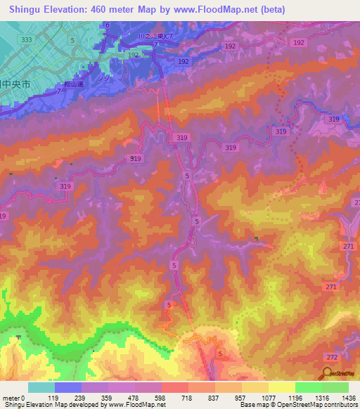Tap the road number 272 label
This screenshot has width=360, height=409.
331,358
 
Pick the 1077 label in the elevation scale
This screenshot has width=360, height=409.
269,398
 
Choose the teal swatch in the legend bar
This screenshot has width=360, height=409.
41,387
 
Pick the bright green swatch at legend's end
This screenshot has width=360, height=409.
335,387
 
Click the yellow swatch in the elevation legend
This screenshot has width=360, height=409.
282,387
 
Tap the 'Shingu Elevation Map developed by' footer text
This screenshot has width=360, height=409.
46,405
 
